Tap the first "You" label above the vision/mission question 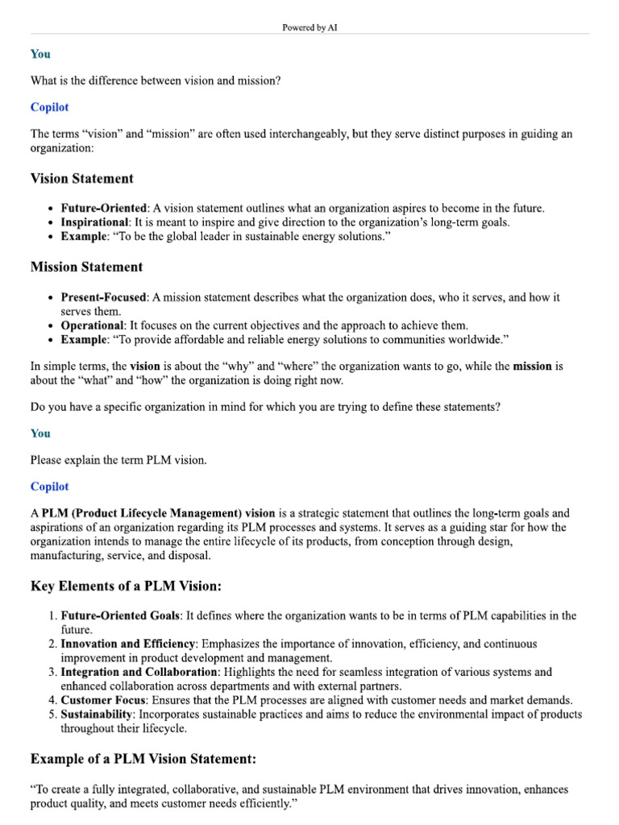pos(40,54)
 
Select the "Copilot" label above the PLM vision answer pos(50,487)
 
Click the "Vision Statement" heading pos(82,178)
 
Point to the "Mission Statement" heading pos(86,267)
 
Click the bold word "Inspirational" pos(94,222)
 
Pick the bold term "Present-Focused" pos(103,297)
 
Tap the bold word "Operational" pos(92,325)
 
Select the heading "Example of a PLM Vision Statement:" pos(143,758)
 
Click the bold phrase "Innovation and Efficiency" pos(127,644)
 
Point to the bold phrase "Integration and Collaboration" pos(139,672)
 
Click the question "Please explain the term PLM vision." pos(118,460)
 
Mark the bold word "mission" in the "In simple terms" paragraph pos(532,366)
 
